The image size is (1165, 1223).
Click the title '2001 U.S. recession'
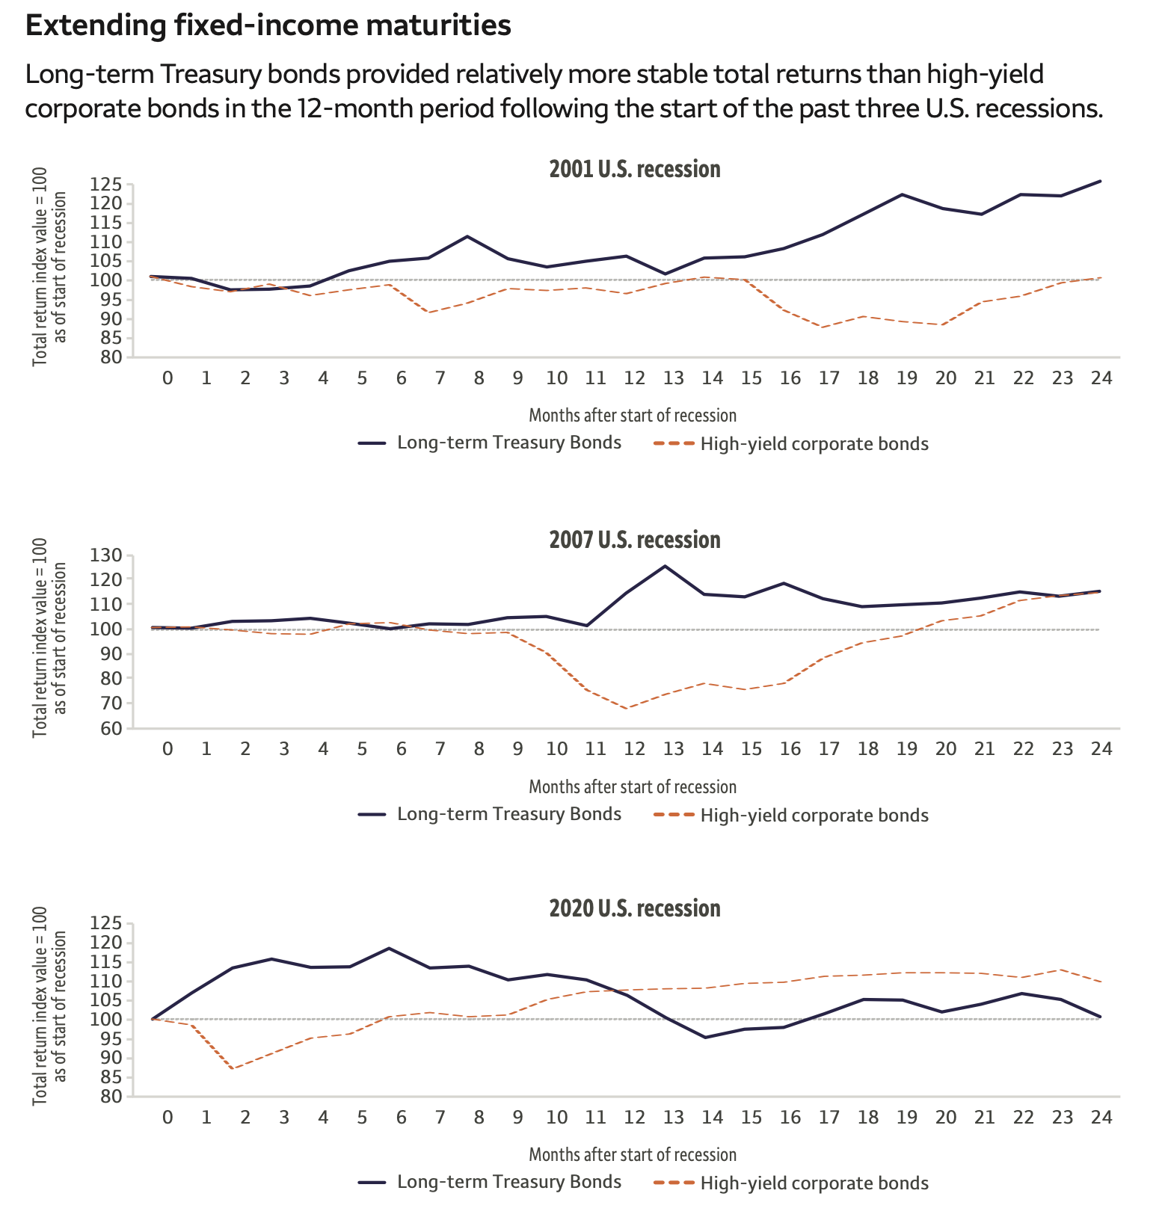[635, 169]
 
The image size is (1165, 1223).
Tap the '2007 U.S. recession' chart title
[635, 540]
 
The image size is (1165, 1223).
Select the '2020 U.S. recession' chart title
[635, 908]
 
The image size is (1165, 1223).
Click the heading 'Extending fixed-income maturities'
[268, 26]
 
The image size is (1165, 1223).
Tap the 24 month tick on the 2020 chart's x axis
[1101, 1118]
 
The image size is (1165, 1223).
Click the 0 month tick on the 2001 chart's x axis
[167, 378]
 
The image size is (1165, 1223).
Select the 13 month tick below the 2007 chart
[673, 749]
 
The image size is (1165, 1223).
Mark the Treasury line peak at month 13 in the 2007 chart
[665, 566]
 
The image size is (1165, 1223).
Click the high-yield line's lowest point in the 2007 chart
[626, 708]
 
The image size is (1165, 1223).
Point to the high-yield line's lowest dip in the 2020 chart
[233, 1068]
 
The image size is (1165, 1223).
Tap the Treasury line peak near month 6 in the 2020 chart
[388, 949]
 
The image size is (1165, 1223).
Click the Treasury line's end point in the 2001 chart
[1101, 181]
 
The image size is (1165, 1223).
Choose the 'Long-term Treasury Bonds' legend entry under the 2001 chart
[490, 443]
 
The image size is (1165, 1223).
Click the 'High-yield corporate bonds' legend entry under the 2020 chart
[791, 1183]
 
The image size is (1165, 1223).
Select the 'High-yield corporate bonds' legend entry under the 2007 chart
[791, 815]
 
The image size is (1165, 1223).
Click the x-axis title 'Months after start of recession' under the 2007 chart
[633, 786]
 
